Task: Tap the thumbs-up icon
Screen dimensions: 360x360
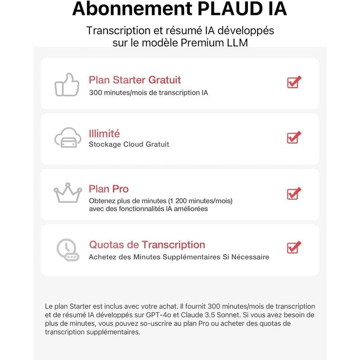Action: [67, 85]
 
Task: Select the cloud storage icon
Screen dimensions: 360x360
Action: [68, 138]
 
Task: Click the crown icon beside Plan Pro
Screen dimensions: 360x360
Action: [68, 193]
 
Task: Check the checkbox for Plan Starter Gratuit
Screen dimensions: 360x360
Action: [294, 82]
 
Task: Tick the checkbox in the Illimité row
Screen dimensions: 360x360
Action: [294, 137]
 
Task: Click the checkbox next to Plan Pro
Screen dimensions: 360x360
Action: [294, 193]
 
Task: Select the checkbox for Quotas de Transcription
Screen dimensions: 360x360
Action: [294, 247]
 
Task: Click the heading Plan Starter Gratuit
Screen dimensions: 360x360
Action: [135, 80]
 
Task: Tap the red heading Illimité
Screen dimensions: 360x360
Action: [104, 134]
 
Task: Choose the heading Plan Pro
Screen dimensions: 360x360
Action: [109, 189]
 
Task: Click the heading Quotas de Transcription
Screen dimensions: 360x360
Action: [147, 245]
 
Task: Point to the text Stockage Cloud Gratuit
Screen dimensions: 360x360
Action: [129, 145]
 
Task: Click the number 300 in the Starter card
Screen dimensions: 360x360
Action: [96, 93]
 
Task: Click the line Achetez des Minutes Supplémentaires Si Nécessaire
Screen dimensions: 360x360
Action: [179, 257]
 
